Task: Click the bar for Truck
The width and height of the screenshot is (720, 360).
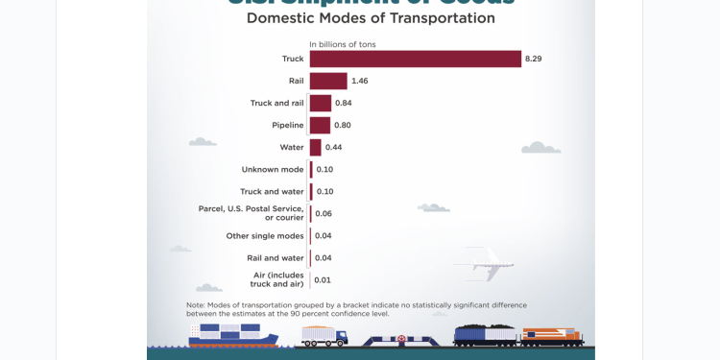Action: pos(415,59)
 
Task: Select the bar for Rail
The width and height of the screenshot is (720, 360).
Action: pos(328,81)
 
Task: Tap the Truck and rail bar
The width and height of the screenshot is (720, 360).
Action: pos(321,103)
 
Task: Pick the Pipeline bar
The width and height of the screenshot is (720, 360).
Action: pos(320,125)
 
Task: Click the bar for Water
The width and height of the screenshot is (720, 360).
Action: pos(315,147)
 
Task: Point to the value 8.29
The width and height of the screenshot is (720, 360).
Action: pos(533,59)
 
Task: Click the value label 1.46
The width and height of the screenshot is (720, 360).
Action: pos(360,81)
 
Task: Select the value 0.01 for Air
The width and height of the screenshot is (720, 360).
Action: pos(323,279)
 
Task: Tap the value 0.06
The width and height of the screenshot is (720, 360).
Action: pos(324,213)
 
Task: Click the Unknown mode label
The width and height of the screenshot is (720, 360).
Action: pos(273,169)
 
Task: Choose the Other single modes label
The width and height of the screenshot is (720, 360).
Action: pos(265,235)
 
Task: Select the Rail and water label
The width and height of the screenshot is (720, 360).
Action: pos(275,257)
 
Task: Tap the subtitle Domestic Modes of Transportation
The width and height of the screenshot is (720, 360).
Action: pos(371,18)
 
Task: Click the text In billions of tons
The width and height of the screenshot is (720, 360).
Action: pos(342,44)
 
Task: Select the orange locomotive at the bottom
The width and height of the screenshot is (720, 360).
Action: pos(553,336)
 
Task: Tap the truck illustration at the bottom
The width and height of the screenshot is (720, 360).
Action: pos(324,336)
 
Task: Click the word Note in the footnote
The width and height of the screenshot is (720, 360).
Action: pos(196,304)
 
